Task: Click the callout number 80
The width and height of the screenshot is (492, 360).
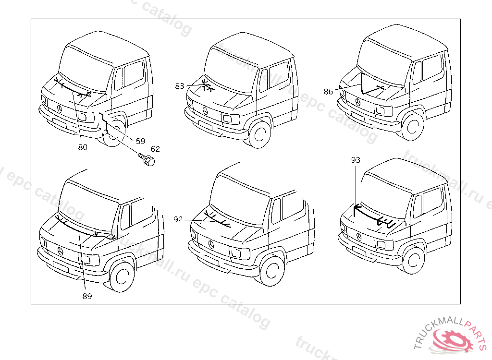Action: point(83,147)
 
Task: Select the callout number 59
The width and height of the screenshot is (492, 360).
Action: point(140,141)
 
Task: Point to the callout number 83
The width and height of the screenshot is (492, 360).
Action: point(180,86)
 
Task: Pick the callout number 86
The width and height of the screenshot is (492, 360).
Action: point(329,91)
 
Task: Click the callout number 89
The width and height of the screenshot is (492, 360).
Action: point(86,296)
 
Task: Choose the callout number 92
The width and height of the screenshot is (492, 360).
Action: point(178,219)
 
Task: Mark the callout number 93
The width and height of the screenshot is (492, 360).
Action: point(356,160)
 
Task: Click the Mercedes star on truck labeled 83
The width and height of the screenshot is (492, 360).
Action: point(205,111)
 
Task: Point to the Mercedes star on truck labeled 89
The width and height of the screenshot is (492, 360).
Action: point(60,252)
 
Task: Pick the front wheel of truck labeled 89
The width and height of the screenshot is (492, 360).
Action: point(122,277)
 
